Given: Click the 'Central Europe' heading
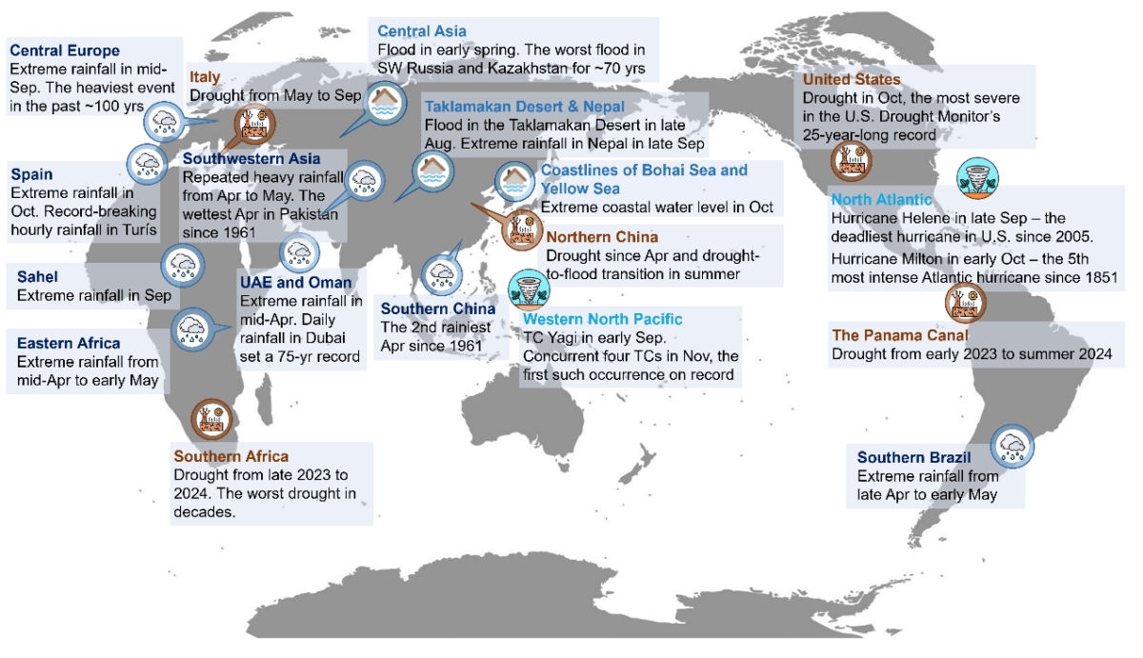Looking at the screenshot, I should [65, 50].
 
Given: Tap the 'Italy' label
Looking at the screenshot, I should [206, 77].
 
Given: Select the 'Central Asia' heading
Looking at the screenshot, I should [422, 31].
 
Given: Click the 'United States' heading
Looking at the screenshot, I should [852, 80].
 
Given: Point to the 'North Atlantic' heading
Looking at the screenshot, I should [881, 200].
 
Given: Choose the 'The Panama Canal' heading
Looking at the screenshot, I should [900, 335].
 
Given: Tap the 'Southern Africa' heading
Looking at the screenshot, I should [231, 456].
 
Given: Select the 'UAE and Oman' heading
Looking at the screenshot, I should [296, 283].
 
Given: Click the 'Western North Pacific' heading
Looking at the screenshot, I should [602, 319].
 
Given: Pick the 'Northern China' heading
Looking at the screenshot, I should [602, 237].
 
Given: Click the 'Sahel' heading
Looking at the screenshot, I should [38, 277].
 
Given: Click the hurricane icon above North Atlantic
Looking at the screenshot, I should [978, 178].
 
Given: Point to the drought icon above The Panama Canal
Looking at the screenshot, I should [964, 302].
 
